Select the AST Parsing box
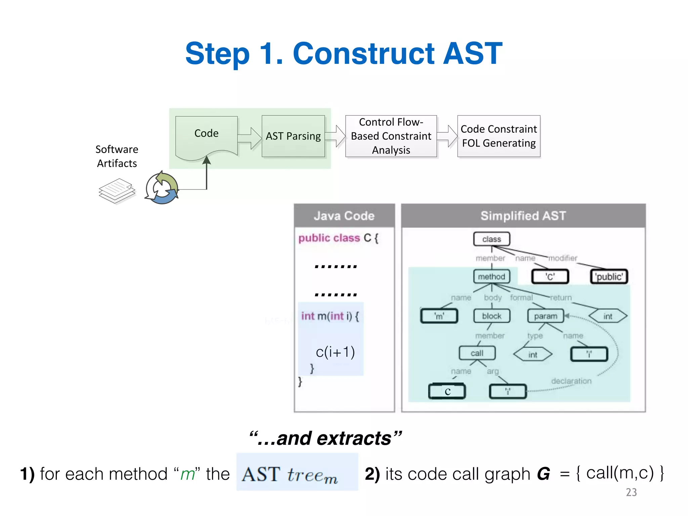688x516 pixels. [293, 136]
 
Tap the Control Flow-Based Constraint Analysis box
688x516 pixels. [391, 136]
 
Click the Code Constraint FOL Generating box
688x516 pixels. [499, 136]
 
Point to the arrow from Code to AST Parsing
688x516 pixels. [250, 138]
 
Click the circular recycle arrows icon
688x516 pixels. [162, 188]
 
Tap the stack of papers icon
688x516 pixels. [117, 191]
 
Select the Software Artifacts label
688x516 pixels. [117, 156]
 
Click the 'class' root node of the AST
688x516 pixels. [491, 239]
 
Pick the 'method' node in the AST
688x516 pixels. [491, 276]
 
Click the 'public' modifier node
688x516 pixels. [609, 277]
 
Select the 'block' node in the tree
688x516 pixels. [491, 316]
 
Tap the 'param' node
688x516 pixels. [546, 316]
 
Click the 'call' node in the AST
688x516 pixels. [477, 353]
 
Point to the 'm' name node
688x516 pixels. [439, 316]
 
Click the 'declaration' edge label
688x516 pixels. [571, 381]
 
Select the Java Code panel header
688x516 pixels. [344, 216]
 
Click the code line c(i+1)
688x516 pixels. [335, 352]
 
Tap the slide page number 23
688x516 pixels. [631, 492]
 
